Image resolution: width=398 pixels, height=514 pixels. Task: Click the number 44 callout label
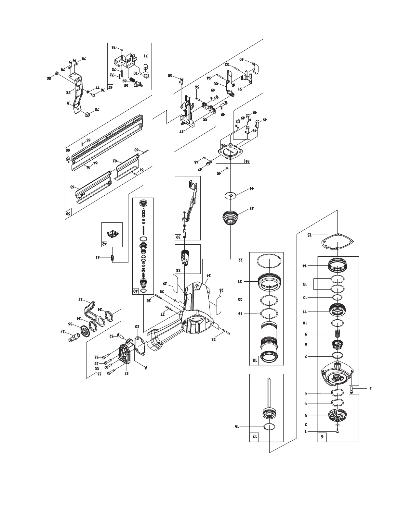pos(251,189)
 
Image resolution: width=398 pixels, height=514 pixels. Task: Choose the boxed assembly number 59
pos(68,214)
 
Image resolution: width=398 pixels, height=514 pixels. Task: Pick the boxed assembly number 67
pos(111,87)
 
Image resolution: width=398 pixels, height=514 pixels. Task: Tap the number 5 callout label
pos(370,388)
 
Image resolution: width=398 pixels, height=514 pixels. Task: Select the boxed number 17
pos(254,437)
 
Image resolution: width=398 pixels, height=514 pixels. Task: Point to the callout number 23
pos(214,339)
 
